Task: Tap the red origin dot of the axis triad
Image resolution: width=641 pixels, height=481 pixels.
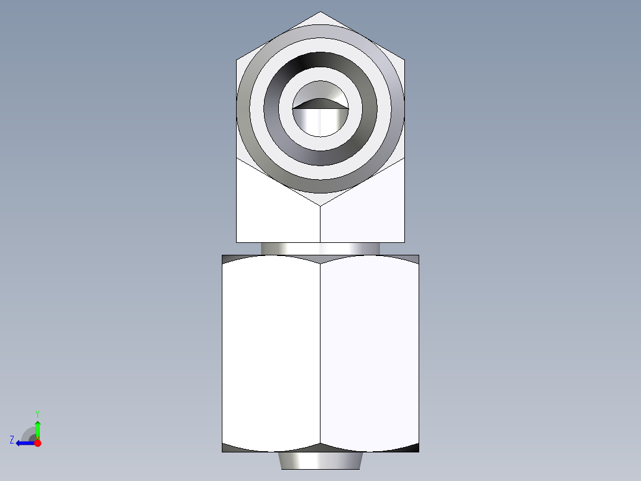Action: tap(38, 443)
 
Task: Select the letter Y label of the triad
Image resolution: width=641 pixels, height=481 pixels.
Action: tap(37, 413)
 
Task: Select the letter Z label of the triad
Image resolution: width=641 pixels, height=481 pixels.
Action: tap(12, 440)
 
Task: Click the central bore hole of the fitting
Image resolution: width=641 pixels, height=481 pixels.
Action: tap(320, 119)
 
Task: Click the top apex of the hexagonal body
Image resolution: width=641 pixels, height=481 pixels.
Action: tap(320, 13)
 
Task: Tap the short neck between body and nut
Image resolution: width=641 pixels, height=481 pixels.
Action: tap(320, 248)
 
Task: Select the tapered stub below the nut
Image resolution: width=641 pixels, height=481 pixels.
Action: tap(320, 460)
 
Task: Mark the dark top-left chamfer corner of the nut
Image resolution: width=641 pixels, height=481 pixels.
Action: tap(229, 258)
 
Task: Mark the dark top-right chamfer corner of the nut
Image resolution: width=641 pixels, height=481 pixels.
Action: tap(412, 258)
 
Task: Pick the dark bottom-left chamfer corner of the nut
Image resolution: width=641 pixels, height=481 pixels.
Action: tap(229, 448)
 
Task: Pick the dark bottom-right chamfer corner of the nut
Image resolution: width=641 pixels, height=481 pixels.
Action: tap(412, 448)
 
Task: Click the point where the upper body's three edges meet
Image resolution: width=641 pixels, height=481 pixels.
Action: tap(320, 207)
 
